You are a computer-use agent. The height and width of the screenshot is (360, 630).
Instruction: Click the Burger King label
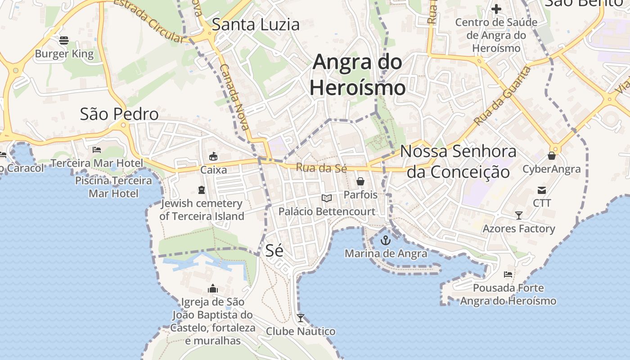point(64,54)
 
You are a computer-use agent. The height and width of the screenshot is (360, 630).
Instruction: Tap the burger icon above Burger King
point(64,40)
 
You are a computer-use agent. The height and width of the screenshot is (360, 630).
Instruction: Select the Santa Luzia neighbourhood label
point(256,24)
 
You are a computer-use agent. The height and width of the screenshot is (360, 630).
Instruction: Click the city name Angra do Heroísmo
point(358,74)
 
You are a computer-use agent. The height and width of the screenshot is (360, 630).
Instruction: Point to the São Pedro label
point(119,114)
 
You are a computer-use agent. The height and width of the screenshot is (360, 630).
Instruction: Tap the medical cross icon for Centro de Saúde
point(496,9)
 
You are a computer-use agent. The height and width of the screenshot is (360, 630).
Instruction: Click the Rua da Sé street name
point(321,168)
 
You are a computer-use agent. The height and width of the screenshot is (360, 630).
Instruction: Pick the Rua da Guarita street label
point(502,96)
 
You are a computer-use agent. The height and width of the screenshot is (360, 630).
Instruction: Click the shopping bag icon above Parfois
point(360,181)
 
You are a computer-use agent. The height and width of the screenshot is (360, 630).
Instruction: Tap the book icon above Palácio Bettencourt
point(327,198)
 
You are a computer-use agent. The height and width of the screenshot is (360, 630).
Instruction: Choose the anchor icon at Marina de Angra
point(386,240)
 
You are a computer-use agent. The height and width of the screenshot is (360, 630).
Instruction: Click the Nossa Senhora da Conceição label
point(458,162)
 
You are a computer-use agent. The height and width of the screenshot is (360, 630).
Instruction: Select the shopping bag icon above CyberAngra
point(552,156)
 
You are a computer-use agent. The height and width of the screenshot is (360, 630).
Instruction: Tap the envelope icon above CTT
point(542,190)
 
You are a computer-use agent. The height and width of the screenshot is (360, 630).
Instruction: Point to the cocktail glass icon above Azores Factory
point(519,216)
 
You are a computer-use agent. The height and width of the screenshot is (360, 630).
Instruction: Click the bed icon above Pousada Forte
point(508,274)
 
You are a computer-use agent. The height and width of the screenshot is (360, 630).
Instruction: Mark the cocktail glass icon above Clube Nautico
point(301,318)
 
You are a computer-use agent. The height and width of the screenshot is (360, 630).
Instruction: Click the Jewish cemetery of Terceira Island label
point(202,210)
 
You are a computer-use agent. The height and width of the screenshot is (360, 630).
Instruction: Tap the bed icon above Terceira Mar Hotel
point(97,150)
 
